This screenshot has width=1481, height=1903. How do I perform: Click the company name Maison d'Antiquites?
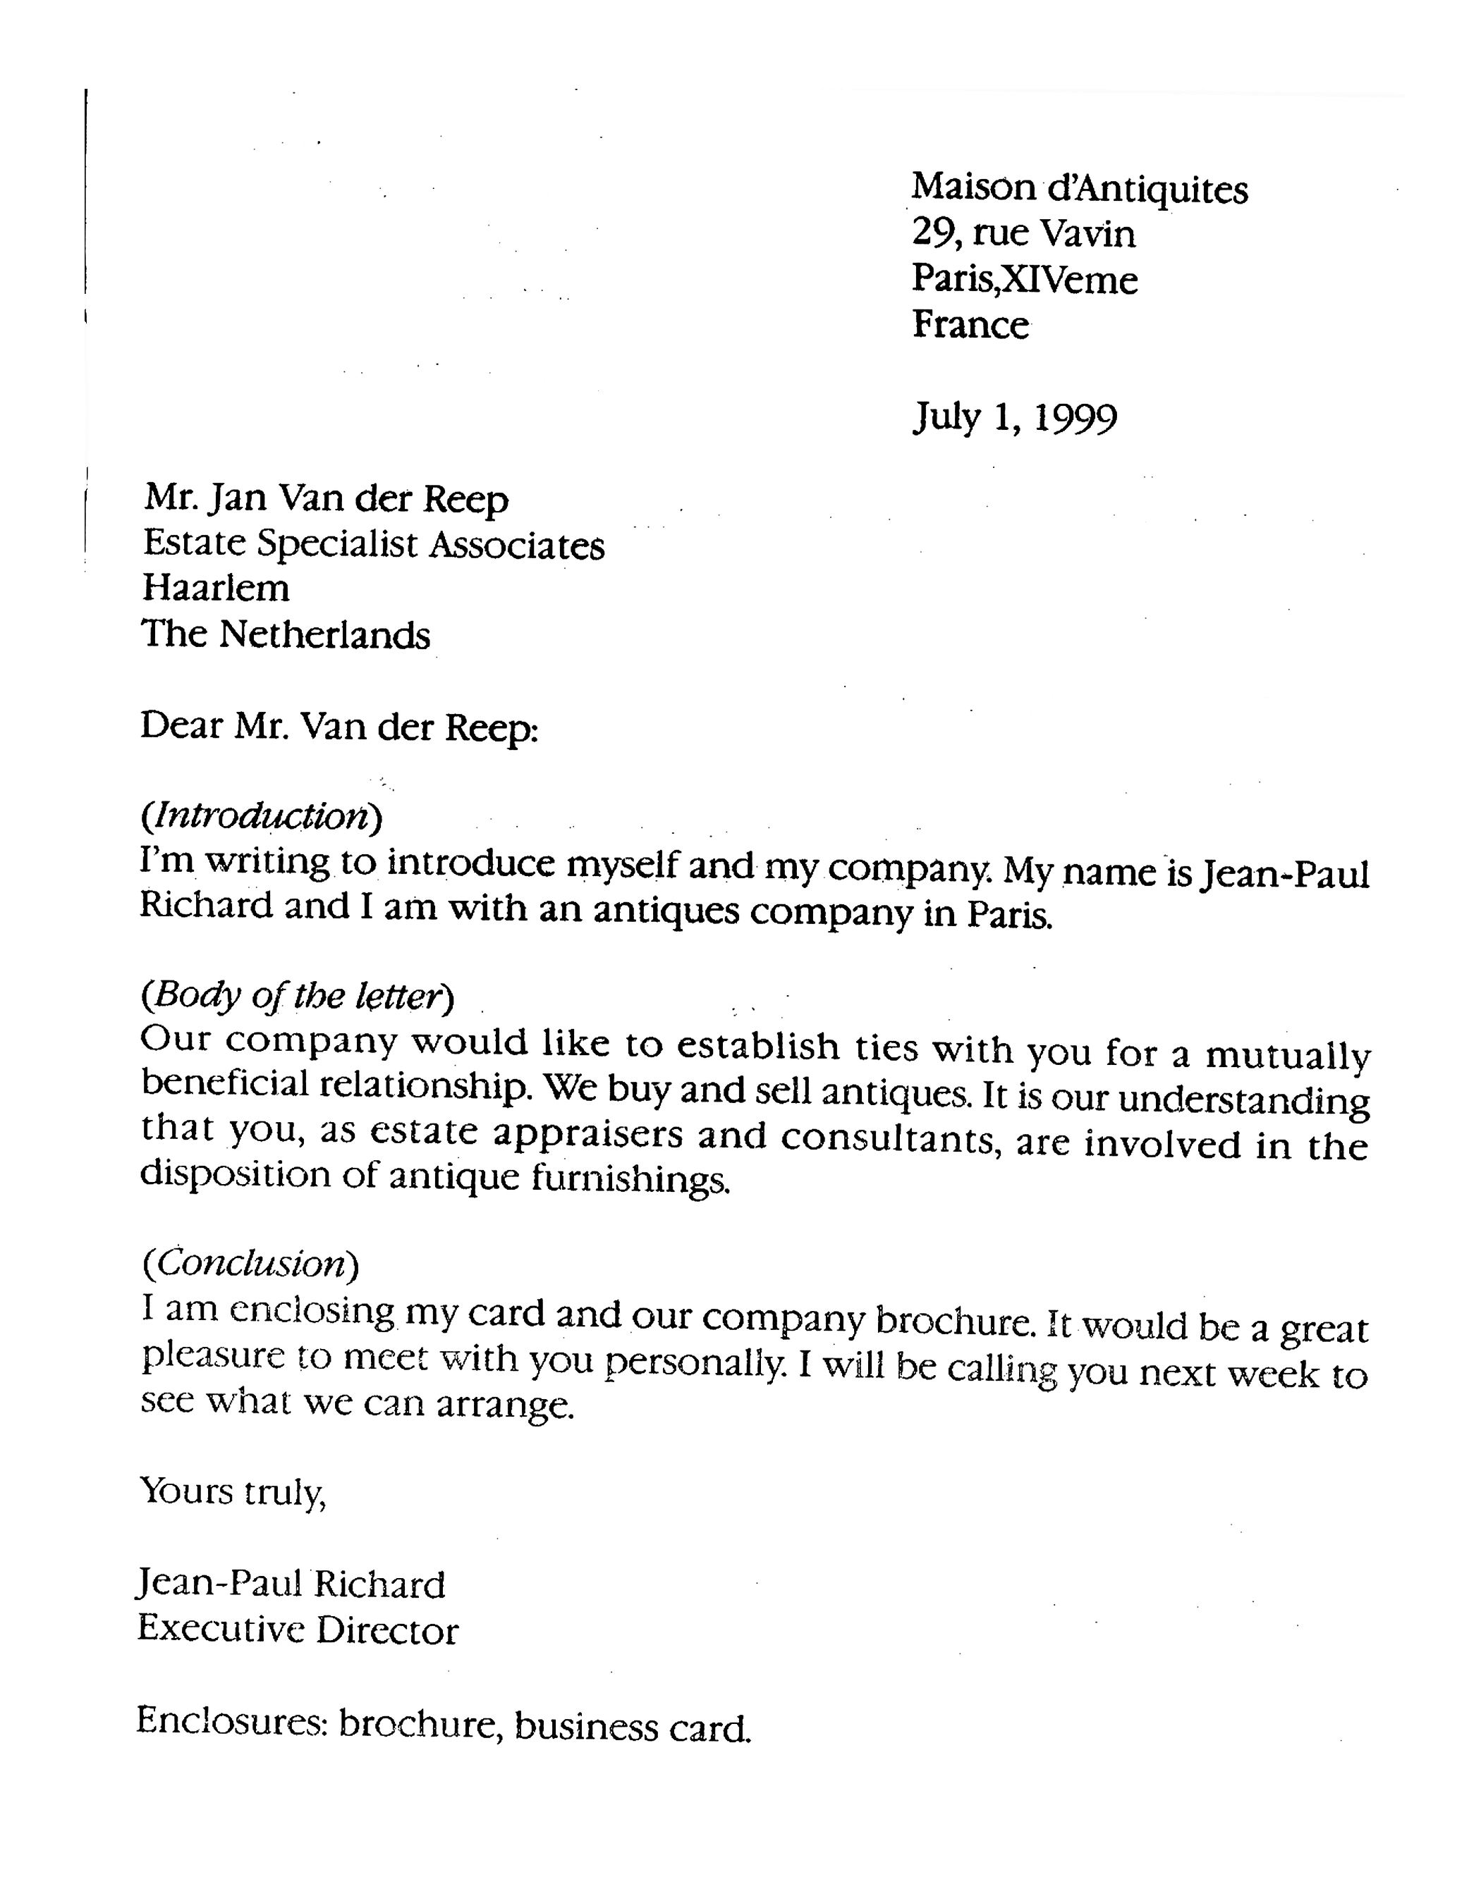tap(1079, 188)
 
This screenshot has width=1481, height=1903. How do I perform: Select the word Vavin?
tap(1089, 233)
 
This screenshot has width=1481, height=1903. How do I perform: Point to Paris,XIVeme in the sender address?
tap(1024, 280)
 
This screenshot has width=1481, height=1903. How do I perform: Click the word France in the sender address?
tap(970, 325)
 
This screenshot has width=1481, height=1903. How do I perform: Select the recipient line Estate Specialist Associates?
tap(373, 545)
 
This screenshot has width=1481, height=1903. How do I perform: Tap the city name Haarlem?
tap(215, 588)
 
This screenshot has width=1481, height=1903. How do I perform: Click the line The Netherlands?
tap(286, 634)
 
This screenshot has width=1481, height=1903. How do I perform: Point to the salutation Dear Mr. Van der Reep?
tap(339, 727)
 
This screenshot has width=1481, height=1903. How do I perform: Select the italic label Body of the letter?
tap(297, 996)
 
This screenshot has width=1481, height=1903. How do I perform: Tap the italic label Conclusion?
tap(250, 1262)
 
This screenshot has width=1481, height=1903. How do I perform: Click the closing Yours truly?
tap(233, 1491)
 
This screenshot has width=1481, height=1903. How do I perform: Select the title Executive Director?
tap(297, 1629)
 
